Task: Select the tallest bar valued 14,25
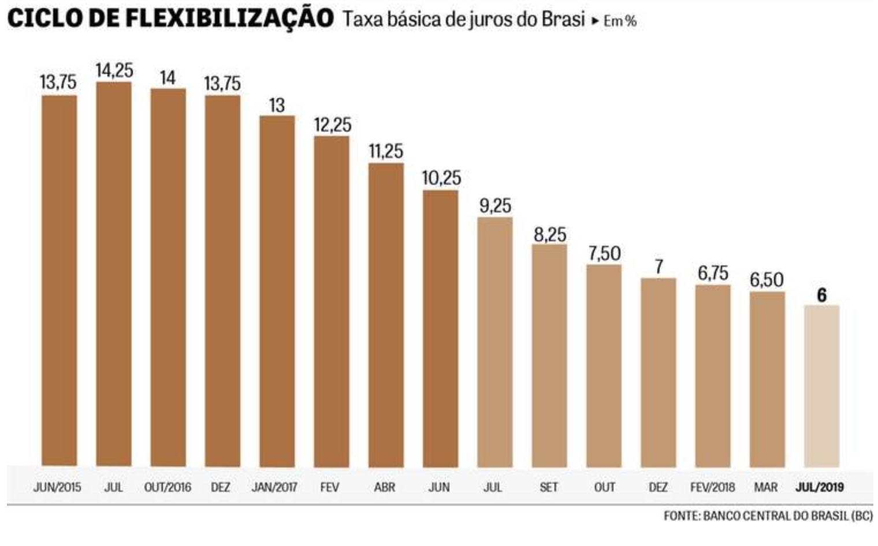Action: point(114,274)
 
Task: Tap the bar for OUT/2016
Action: point(168,277)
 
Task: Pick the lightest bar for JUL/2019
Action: point(821,386)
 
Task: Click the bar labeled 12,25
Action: point(332,301)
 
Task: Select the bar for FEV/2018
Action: point(712,375)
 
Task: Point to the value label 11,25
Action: point(386,151)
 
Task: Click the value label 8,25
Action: point(549,234)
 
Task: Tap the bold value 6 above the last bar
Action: point(821,296)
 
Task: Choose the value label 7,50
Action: point(604,253)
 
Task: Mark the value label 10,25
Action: point(441,178)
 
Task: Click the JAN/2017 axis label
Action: point(274,487)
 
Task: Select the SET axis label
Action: point(549,487)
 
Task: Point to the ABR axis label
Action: point(385,487)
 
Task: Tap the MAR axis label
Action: point(766,487)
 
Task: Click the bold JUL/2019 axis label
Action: point(820,487)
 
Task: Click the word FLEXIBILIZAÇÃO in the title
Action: point(229,18)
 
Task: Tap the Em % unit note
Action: point(620,21)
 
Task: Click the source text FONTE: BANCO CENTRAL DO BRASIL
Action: point(768,515)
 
